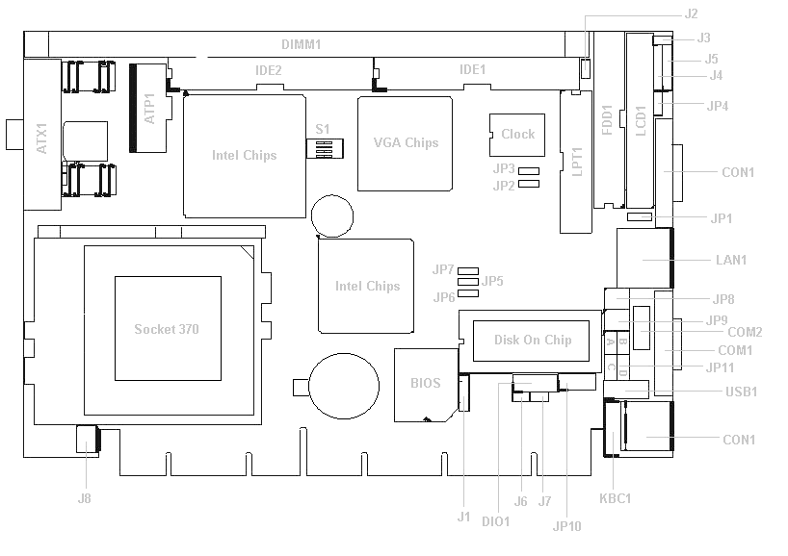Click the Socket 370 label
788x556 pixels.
(167, 329)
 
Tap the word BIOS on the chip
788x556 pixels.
(425, 383)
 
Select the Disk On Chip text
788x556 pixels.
(533, 340)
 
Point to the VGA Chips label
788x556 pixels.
(406, 142)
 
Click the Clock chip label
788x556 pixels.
(517, 134)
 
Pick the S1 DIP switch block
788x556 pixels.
(325, 148)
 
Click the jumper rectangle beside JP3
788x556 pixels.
(529, 171)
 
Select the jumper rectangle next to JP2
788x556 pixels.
(529, 184)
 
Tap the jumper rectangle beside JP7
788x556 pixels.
(468, 271)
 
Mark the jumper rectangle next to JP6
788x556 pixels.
(468, 293)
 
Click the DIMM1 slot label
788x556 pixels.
(301, 44)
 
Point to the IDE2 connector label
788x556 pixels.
(269, 70)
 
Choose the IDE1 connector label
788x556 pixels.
(472, 69)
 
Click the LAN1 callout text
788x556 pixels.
(731, 260)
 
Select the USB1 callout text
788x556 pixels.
(741, 392)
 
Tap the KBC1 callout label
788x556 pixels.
(616, 498)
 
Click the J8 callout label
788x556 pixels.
(85, 498)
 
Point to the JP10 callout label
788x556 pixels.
(566, 526)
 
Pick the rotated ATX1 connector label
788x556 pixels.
(41, 139)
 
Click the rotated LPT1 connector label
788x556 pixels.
(577, 162)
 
